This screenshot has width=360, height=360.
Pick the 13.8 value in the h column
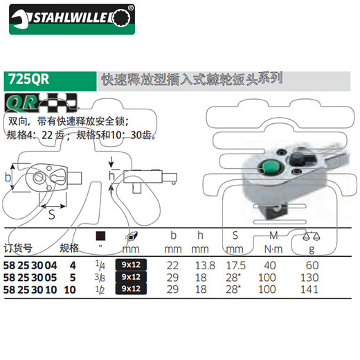(199, 264)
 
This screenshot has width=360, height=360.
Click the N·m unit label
(272, 248)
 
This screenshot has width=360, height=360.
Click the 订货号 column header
(19, 247)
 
